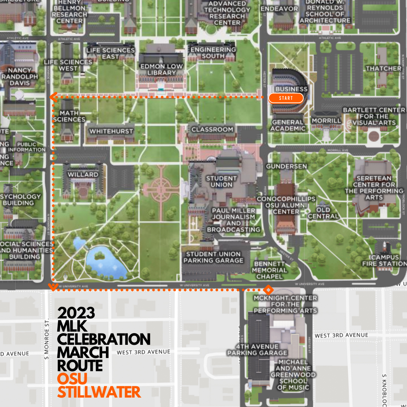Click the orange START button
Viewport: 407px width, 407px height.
(x=286, y=98)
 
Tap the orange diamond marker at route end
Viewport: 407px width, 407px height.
(x=268, y=290)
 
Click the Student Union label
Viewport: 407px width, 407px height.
(x=221, y=181)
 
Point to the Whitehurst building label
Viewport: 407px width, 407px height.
(x=111, y=131)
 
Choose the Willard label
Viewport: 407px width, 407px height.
(x=83, y=174)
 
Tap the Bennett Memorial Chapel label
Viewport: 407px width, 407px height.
(x=269, y=270)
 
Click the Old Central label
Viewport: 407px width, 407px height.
(x=323, y=213)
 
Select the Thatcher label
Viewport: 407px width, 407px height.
(x=384, y=68)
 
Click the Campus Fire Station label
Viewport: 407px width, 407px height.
(x=384, y=260)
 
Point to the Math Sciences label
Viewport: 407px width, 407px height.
(x=69, y=116)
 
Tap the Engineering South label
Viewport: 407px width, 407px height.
(x=213, y=53)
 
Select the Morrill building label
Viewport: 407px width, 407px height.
(x=326, y=121)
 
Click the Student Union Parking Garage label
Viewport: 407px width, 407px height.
(x=213, y=257)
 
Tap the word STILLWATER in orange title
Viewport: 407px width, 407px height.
(x=99, y=392)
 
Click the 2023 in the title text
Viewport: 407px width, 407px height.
(x=76, y=313)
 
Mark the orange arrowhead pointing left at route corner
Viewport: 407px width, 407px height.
(x=54, y=98)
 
